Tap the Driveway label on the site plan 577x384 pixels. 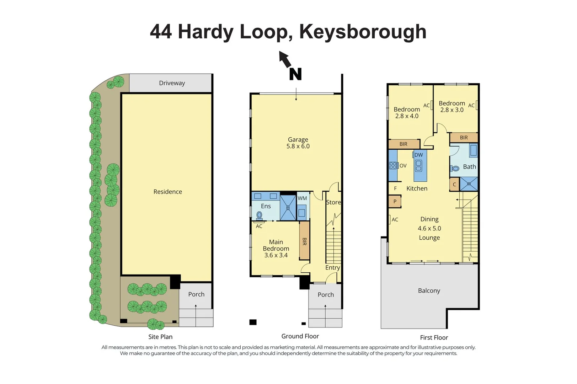point(172,83)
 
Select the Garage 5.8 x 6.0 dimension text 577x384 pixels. point(298,146)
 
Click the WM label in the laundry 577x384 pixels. point(302,198)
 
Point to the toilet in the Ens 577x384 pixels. point(259,215)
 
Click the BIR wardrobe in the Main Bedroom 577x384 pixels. point(304,241)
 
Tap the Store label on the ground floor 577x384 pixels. point(333,202)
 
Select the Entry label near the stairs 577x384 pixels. point(332,268)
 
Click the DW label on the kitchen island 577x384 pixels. point(419,155)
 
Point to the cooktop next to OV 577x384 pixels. point(393,165)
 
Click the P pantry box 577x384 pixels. point(395,201)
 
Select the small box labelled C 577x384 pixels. point(454,185)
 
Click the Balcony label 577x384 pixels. point(429,290)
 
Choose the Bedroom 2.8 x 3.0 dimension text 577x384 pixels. point(452,110)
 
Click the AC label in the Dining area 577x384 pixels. point(395,220)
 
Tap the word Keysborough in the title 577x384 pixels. point(363,32)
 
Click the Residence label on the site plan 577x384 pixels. point(167,192)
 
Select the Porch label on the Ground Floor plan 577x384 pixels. point(326,295)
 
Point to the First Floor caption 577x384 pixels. point(434,337)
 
